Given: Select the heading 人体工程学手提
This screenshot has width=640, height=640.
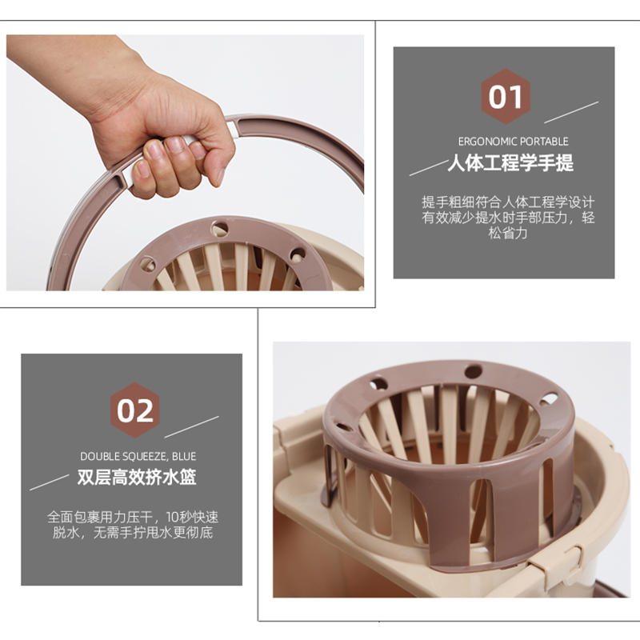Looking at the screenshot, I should [x=510, y=164].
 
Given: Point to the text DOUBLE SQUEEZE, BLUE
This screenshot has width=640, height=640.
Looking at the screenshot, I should [x=138, y=456].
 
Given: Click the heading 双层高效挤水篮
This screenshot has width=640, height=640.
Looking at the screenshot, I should [x=137, y=478].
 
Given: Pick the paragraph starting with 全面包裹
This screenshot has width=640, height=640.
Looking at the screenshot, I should [x=133, y=525].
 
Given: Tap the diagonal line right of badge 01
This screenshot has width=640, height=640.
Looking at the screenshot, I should [x=571, y=112].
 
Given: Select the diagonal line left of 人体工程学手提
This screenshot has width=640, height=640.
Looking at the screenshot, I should [x=428, y=167].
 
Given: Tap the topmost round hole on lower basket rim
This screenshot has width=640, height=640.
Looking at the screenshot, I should [x=473, y=371].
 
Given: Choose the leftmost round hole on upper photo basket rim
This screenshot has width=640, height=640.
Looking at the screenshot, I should [x=147, y=263].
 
